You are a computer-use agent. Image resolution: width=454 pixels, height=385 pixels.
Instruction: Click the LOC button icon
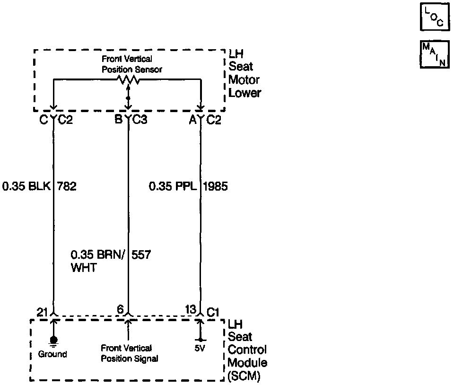click(x=433, y=17)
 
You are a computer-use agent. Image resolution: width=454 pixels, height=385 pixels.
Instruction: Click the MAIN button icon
click(x=433, y=55)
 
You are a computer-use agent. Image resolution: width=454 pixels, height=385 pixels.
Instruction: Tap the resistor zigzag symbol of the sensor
click(x=128, y=80)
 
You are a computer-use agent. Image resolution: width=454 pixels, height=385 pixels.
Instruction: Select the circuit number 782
click(x=67, y=186)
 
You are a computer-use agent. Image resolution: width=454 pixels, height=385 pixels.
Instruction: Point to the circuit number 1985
click(x=215, y=186)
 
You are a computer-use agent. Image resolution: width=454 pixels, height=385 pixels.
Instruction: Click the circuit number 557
click(x=140, y=255)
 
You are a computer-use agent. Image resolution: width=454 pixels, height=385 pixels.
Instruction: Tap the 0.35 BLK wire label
click(x=26, y=186)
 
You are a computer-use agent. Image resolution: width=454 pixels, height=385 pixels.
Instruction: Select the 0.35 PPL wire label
click(x=173, y=186)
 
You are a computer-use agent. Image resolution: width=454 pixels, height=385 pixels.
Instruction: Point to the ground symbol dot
click(x=53, y=340)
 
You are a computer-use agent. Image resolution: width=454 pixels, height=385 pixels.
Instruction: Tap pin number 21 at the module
click(x=43, y=311)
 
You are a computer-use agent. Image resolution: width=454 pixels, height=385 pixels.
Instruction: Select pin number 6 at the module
click(x=121, y=310)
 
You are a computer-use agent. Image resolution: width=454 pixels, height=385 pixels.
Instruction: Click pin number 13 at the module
click(x=191, y=310)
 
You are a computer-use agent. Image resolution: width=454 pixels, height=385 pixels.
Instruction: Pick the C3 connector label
click(x=140, y=120)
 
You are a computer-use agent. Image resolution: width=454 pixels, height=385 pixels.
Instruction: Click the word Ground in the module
click(x=52, y=354)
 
